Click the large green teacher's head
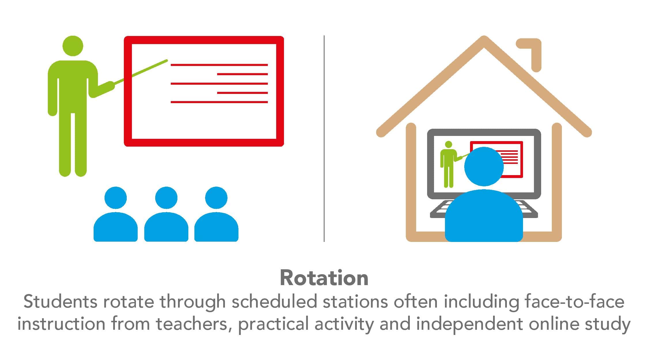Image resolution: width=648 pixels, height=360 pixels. [x=73, y=46]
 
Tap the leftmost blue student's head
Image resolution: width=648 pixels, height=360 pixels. [x=115, y=198]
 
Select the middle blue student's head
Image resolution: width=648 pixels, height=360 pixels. [x=166, y=198]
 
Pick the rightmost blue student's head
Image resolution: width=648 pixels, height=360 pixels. [x=216, y=198]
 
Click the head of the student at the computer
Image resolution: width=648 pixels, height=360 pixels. [x=484, y=166]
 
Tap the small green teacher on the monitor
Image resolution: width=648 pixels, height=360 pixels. [x=448, y=164]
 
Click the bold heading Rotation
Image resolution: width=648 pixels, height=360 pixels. [x=324, y=278]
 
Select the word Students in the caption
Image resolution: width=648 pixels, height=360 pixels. [x=60, y=302]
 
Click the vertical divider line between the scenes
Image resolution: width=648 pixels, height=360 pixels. [x=324, y=139]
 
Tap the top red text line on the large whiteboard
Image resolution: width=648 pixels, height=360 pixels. [x=219, y=65]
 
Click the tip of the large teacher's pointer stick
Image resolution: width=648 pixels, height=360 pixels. [x=167, y=60]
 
